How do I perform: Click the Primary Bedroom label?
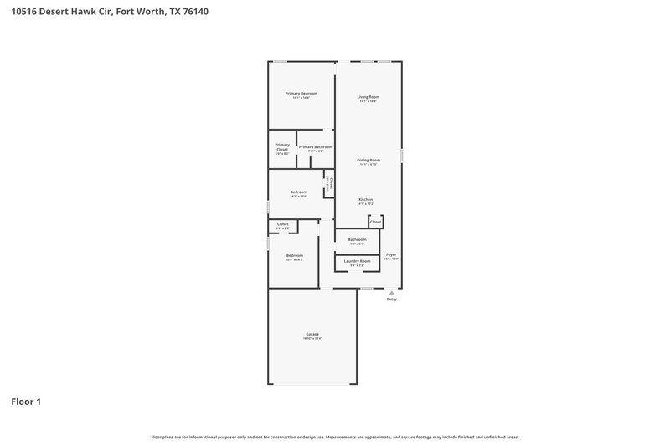click(x=301, y=93)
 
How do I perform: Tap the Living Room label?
click(x=368, y=97)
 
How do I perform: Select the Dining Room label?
click(x=368, y=160)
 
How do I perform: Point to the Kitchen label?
click(x=366, y=199)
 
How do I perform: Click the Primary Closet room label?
click(x=282, y=147)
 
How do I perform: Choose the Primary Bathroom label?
click(x=316, y=147)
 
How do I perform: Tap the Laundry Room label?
click(x=358, y=260)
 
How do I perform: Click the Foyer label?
click(x=391, y=254)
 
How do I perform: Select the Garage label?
click(x=312, y=334)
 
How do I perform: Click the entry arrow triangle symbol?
click(x=391, y=292)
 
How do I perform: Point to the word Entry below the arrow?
click(x=391, y=300)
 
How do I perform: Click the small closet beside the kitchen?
click(x=376, y=222)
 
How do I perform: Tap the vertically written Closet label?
click(x=332, y=182)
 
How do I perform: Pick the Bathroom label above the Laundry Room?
click(x=358, y=239)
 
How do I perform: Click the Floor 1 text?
click(x=26, y=402)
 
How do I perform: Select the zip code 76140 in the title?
click(x=193, y=12)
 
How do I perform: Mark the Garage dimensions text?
click(x=312, y=338)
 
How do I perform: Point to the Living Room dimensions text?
click(x=368, y=101)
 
